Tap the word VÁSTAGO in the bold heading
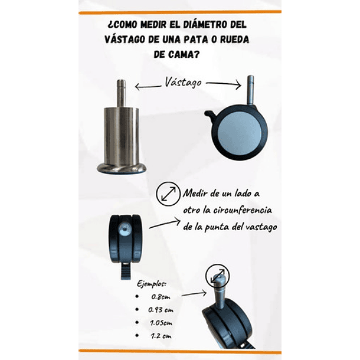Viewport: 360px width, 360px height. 125,40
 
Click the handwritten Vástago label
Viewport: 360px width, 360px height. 183,83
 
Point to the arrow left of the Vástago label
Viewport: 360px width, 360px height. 148,87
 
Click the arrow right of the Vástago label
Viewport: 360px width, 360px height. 224,84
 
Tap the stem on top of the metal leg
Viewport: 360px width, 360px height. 121,93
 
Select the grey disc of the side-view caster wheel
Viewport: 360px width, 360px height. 240,133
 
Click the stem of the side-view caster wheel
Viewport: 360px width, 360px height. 250,90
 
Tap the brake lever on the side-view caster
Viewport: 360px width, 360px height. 210,114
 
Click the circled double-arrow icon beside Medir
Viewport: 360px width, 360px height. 168,194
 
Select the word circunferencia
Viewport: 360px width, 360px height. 243,210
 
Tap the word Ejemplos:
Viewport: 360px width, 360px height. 152,284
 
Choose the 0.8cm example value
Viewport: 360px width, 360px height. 161,297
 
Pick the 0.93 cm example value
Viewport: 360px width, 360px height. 161,310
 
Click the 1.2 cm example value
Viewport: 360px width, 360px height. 161,336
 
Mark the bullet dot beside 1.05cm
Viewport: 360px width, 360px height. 137,322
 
